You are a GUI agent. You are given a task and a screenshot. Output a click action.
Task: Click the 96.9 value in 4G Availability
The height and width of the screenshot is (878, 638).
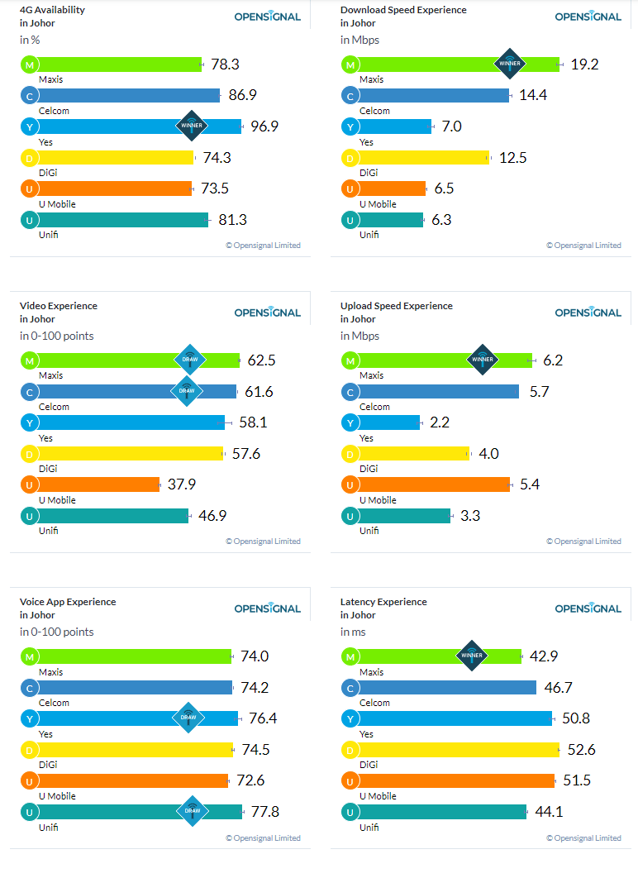point(264,126)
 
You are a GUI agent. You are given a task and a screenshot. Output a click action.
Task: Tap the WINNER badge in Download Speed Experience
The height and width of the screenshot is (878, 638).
point(509,64)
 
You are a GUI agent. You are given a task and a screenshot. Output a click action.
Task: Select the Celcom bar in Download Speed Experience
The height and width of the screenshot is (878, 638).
point(433,96)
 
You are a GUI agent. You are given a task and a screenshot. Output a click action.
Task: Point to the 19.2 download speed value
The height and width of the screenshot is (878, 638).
point(584,64)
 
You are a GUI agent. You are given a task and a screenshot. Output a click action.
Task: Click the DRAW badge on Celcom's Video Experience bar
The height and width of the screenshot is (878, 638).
point(187,391)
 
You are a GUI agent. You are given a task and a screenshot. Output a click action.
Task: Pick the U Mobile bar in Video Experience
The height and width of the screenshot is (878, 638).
point(98,484)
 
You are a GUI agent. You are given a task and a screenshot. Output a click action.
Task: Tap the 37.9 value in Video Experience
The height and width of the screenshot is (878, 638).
point(182,484)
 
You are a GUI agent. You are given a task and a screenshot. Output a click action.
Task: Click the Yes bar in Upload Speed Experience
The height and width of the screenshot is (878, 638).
point(388,422)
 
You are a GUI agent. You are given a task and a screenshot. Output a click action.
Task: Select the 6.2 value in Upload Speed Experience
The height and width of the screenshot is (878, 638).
point(553,360)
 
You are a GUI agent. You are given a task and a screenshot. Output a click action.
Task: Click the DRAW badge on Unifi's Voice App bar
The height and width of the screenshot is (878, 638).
point(193,811)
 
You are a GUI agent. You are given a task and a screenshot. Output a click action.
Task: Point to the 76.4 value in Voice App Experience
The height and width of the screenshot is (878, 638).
point(263,718)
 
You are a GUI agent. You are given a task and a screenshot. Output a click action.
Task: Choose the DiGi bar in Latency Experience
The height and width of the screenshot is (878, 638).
point(459,750)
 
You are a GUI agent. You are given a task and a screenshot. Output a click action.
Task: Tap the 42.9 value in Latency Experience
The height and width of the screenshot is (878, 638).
point(544,656)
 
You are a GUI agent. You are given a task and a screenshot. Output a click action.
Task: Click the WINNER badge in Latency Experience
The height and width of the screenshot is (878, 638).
point(472,656)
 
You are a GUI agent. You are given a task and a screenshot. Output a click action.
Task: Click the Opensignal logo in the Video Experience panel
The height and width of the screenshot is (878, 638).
point(268,312)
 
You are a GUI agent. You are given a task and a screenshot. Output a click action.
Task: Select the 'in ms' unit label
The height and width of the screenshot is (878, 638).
point(353,632)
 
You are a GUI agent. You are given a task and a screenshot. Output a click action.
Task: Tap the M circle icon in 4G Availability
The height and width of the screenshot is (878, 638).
point(30,65)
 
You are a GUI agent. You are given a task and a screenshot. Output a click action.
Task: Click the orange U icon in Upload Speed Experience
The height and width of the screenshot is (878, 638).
point(350,485)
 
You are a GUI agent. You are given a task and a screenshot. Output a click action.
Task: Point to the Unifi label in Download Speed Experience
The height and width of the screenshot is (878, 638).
point(369,235)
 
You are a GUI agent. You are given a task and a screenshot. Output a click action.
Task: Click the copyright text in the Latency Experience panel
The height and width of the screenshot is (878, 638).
point(583,838)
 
